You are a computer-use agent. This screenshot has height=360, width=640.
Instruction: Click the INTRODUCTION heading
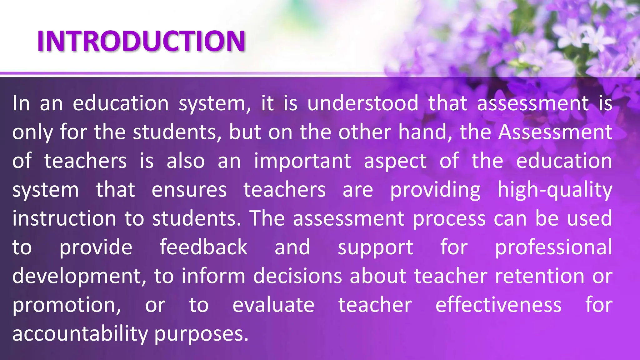pos(141,41)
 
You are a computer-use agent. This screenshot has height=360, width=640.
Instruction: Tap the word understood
pos(362,103)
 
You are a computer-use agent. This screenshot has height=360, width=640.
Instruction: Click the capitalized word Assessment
pos(555,132)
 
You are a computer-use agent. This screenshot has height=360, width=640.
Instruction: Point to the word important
pos(302,161)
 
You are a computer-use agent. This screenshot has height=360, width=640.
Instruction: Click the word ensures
pos(189,190)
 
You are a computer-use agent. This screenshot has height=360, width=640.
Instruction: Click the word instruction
pos(64,218)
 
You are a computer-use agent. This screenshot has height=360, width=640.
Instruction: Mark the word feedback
pos(203,247)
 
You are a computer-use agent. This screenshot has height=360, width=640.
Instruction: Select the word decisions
pos(297,276)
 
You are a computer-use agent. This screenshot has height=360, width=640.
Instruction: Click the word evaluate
pos(273,305)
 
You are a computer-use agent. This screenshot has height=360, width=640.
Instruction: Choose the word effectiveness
pos(498,305)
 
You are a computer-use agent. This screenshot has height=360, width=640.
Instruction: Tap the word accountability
pos(80,334)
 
